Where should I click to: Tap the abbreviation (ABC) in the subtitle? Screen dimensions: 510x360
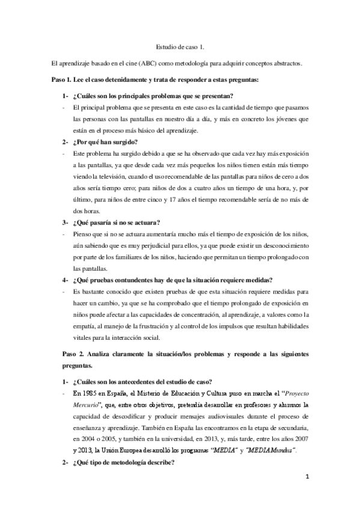148,63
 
